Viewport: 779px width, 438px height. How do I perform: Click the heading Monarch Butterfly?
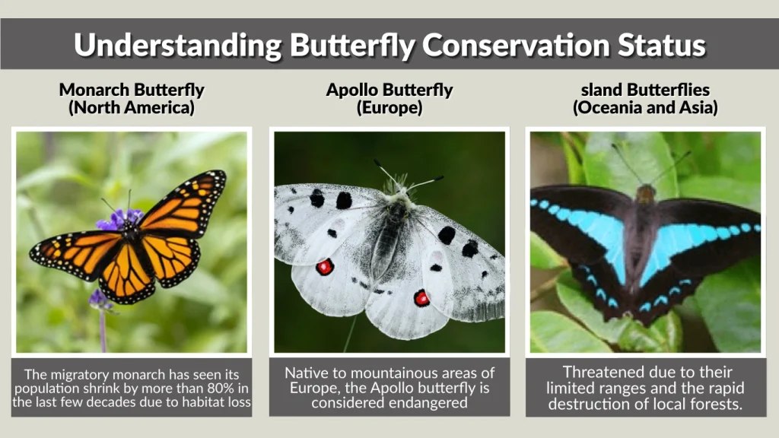pos(132,90)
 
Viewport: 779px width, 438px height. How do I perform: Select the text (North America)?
pos(132,107)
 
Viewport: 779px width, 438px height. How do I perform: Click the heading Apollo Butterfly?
pos(389,90)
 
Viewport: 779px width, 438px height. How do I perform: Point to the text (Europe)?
pos(389,107)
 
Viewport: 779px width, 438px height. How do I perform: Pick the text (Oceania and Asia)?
pos(644,107)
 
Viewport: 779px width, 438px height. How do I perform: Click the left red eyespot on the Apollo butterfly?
pos(325,266)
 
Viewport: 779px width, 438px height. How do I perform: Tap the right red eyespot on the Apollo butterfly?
pos(421,298)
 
